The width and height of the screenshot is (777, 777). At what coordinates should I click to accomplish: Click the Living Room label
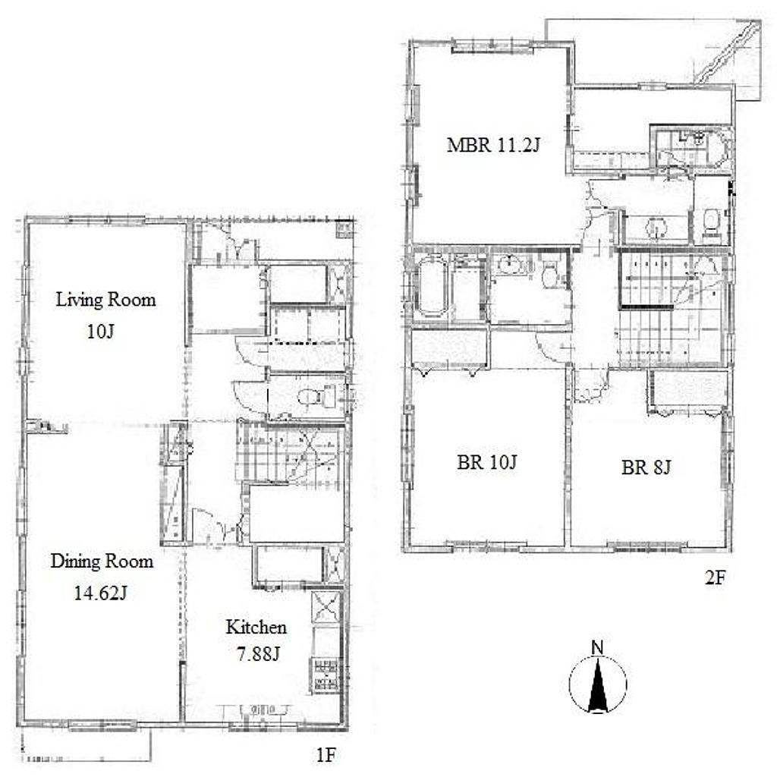coord(105,299)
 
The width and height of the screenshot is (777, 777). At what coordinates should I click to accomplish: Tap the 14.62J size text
coord(101,593)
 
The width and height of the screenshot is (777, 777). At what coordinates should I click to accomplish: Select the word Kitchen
coord(256,627)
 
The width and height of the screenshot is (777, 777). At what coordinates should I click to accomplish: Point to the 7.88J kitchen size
coord(258,654)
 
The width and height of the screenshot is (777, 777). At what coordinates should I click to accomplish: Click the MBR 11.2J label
coord(493,145)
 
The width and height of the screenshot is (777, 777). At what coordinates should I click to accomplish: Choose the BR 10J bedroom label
coord(486,462)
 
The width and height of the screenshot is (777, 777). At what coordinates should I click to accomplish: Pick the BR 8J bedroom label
coord(646,467)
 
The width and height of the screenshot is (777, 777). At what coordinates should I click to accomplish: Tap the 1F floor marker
coord(326,755)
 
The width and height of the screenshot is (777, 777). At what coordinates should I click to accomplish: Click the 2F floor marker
coord(715,577)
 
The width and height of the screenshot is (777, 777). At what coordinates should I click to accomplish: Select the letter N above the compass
coord(598,648)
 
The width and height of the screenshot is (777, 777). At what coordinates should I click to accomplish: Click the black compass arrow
coord(598,685)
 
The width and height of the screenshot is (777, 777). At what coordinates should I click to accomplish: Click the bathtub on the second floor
coord(432,287)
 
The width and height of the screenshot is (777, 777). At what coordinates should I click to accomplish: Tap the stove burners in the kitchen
coord(326,675)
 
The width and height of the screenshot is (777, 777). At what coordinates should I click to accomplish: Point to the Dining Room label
coord(102,561)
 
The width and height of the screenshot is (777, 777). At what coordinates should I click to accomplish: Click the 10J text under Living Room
coord(101,332)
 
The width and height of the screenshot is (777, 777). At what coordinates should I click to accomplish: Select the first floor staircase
coord(290,452)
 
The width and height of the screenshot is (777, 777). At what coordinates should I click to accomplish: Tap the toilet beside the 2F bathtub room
coord(549,274)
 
